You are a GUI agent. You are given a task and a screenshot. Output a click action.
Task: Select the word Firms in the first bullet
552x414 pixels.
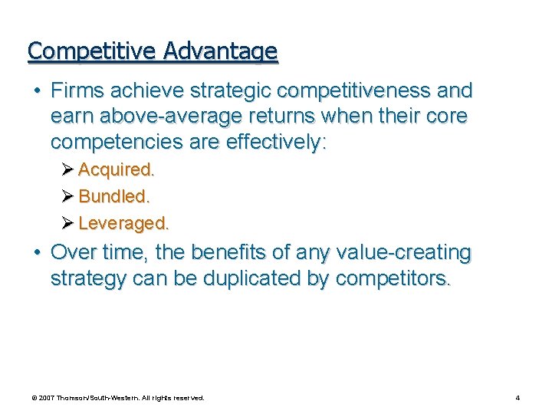(77, 90)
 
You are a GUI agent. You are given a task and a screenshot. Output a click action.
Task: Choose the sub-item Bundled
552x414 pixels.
(113, 196)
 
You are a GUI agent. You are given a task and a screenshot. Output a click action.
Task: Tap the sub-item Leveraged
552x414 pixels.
(123, 223)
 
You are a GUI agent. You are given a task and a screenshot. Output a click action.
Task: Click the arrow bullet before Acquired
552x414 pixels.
(67, 169)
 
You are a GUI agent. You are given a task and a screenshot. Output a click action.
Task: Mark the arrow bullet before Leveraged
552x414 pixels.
(67, 223)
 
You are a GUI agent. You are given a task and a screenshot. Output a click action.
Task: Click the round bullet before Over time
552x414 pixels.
(36, 252)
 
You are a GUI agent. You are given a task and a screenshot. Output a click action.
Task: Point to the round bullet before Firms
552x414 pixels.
(36, 90)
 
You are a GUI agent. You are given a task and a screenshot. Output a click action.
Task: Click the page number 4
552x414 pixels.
(517, 398)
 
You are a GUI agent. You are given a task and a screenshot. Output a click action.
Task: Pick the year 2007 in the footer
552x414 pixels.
(47, 398)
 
